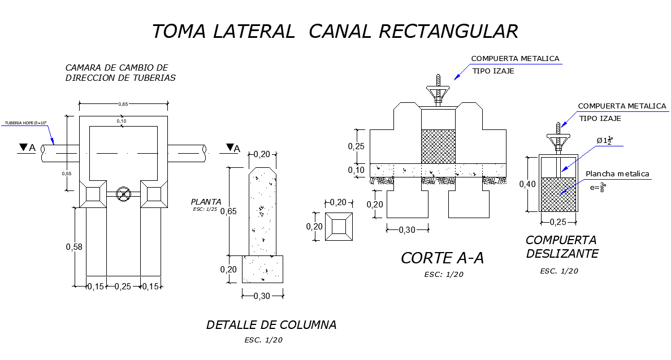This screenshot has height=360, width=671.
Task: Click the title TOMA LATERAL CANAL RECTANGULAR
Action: [x=335, y=31]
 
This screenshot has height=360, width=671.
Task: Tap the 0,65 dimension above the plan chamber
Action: [x=123, y=104]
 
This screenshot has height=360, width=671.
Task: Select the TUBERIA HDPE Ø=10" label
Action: [x=25, y=123]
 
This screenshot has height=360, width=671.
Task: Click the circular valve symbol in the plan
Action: [x=122, y=194]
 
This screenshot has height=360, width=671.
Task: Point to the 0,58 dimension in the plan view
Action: [x=74, y=247]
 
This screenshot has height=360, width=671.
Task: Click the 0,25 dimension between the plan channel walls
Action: [x=123, y=287]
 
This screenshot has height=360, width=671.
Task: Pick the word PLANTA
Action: [x=206, y=202]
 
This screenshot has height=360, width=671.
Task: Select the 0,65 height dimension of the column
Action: [x=228, y=211]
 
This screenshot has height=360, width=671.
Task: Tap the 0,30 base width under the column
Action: [x=262, y=296]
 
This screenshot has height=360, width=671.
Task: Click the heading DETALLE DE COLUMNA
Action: [x=271, y=325]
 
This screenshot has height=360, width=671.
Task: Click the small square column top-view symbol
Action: [x=339, y=227]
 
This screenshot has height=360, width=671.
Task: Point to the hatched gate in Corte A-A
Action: [x=438, y=146]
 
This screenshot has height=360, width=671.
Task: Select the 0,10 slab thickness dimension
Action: [x=357, y=171]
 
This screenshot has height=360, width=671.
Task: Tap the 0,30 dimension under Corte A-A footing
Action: [x=408, y=229]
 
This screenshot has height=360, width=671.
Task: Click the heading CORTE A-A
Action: [x=443, y=258]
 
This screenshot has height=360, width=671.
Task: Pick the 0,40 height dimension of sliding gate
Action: [x=528, y=184]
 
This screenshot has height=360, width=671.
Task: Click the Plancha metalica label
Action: [x=617, y=174]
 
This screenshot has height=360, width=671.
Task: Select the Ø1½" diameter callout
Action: [x=605, y=140]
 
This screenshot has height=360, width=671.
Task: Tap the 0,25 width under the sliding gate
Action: [x=558, y=222]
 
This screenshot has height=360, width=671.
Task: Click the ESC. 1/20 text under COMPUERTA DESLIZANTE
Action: [x=559, y=271]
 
